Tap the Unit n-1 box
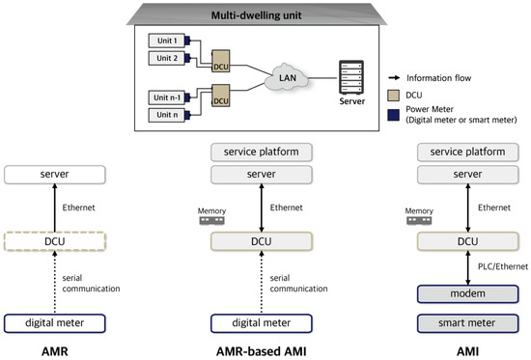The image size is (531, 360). click(x=166, y=97)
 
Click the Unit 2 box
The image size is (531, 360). click(x=166, y=57)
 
